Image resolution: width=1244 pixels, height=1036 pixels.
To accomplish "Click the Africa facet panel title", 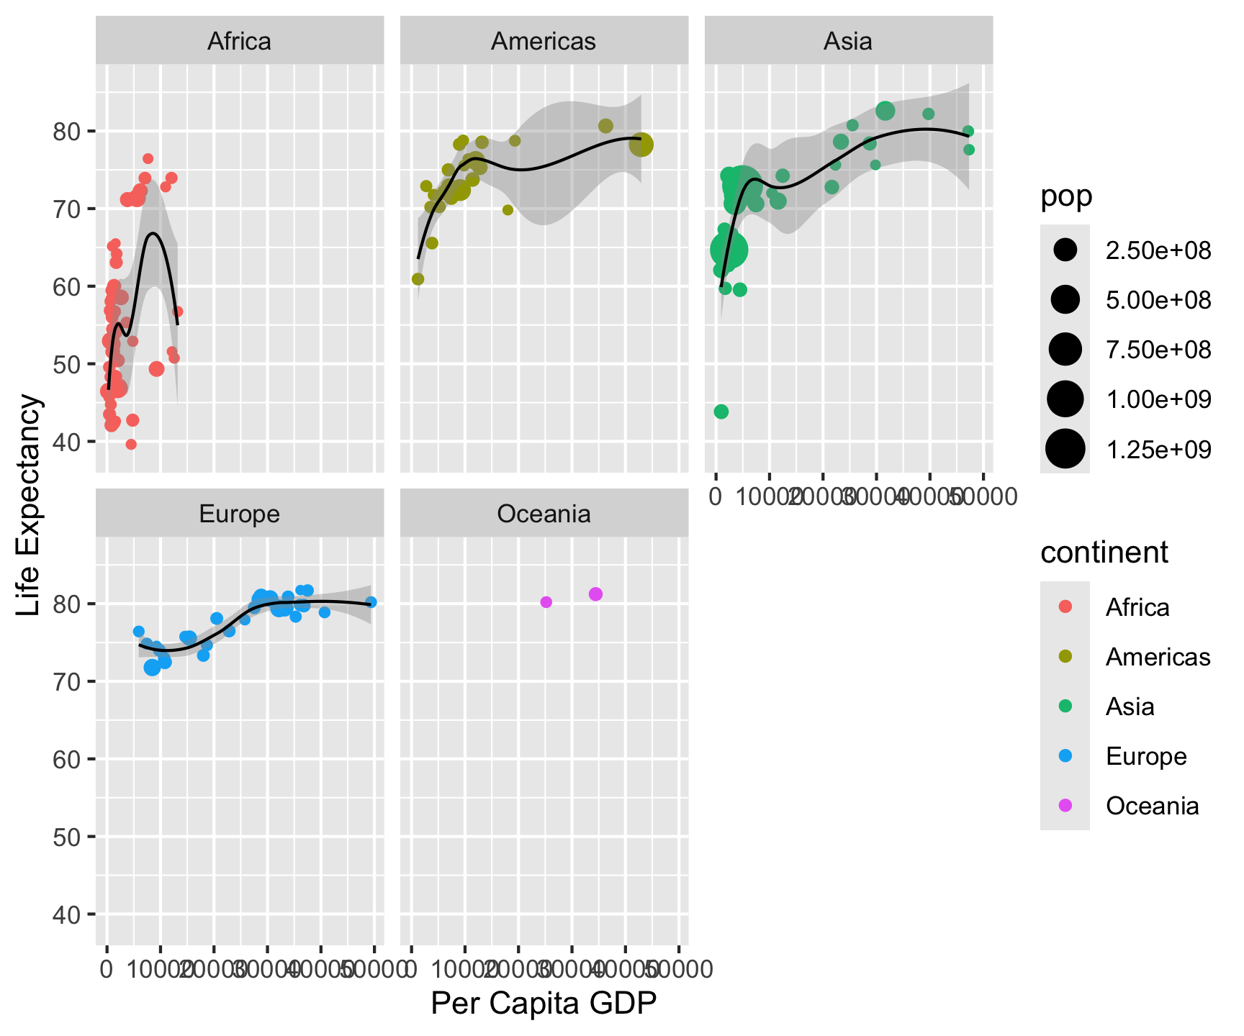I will coord(239,41).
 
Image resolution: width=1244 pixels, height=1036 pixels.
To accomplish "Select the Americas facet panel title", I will coord(544,41).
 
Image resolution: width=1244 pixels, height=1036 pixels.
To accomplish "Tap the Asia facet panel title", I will coord(848,41).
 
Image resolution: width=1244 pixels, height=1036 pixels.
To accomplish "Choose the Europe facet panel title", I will coord(239,514).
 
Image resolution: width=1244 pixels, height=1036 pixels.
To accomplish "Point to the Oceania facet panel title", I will coord(544,514).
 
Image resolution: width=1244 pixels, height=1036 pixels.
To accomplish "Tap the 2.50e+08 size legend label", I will coord(1158,250).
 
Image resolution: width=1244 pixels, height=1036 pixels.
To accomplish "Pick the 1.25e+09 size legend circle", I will coord(1065,450).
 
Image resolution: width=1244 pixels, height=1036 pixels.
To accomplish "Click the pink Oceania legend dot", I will coord(1065,805).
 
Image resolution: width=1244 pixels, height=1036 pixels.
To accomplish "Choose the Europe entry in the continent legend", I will coord(1146,756).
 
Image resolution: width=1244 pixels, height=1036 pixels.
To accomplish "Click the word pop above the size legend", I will coord(1066,196).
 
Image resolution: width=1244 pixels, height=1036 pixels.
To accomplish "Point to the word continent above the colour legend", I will coord(1104,553).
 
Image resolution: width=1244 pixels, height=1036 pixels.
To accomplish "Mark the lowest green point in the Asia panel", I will coord(721,412).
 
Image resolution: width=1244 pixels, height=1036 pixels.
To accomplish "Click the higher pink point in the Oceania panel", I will coord(595,594).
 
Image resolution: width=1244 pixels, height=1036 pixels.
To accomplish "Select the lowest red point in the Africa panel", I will coord(131,445).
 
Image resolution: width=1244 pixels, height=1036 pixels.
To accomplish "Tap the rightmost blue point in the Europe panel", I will coord(371,602).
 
